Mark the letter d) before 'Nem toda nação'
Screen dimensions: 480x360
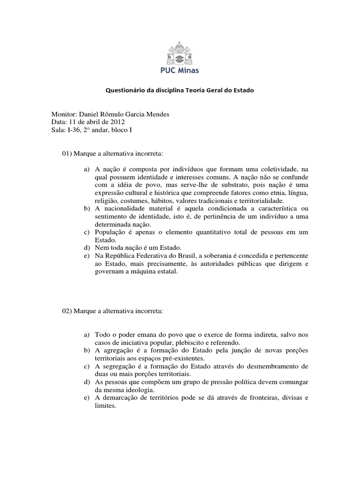click(87, 247)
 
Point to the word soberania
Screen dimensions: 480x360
click(223, 255)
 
